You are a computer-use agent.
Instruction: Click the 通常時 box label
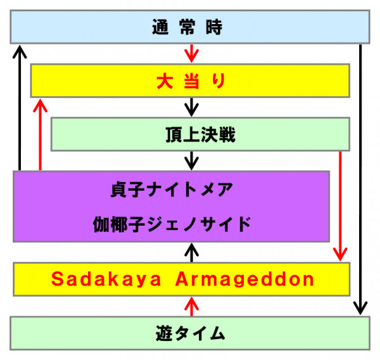point(187,27)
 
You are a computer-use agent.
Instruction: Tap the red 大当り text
point(191,80)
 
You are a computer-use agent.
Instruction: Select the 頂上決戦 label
point(200,134)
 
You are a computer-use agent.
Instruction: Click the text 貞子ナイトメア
point(172,190)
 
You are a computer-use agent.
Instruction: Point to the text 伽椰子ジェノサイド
point(172,224)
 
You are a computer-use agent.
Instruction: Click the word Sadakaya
point(106,280)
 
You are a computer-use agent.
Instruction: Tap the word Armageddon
point(244,280)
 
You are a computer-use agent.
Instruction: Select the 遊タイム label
point(191,333)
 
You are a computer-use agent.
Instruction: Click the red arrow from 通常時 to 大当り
point(192,53)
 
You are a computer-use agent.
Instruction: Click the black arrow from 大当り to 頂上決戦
point(192,107)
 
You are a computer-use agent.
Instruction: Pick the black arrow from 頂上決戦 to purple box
point(192,160)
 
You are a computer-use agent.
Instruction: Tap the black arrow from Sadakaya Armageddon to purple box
point(192,252)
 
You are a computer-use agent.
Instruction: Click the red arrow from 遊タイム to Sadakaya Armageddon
point(192,307)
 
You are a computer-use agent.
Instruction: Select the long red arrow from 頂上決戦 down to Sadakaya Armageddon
point(340,206)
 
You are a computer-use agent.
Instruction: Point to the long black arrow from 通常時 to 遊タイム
point(360,179)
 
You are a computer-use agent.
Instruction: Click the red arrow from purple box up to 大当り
point(41,134)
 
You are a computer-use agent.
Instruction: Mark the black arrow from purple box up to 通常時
point(20,108)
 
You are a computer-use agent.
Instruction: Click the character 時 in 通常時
point(214,27)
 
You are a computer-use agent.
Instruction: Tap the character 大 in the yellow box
point(165,81)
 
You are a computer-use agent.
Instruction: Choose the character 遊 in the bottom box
point(164,333)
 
